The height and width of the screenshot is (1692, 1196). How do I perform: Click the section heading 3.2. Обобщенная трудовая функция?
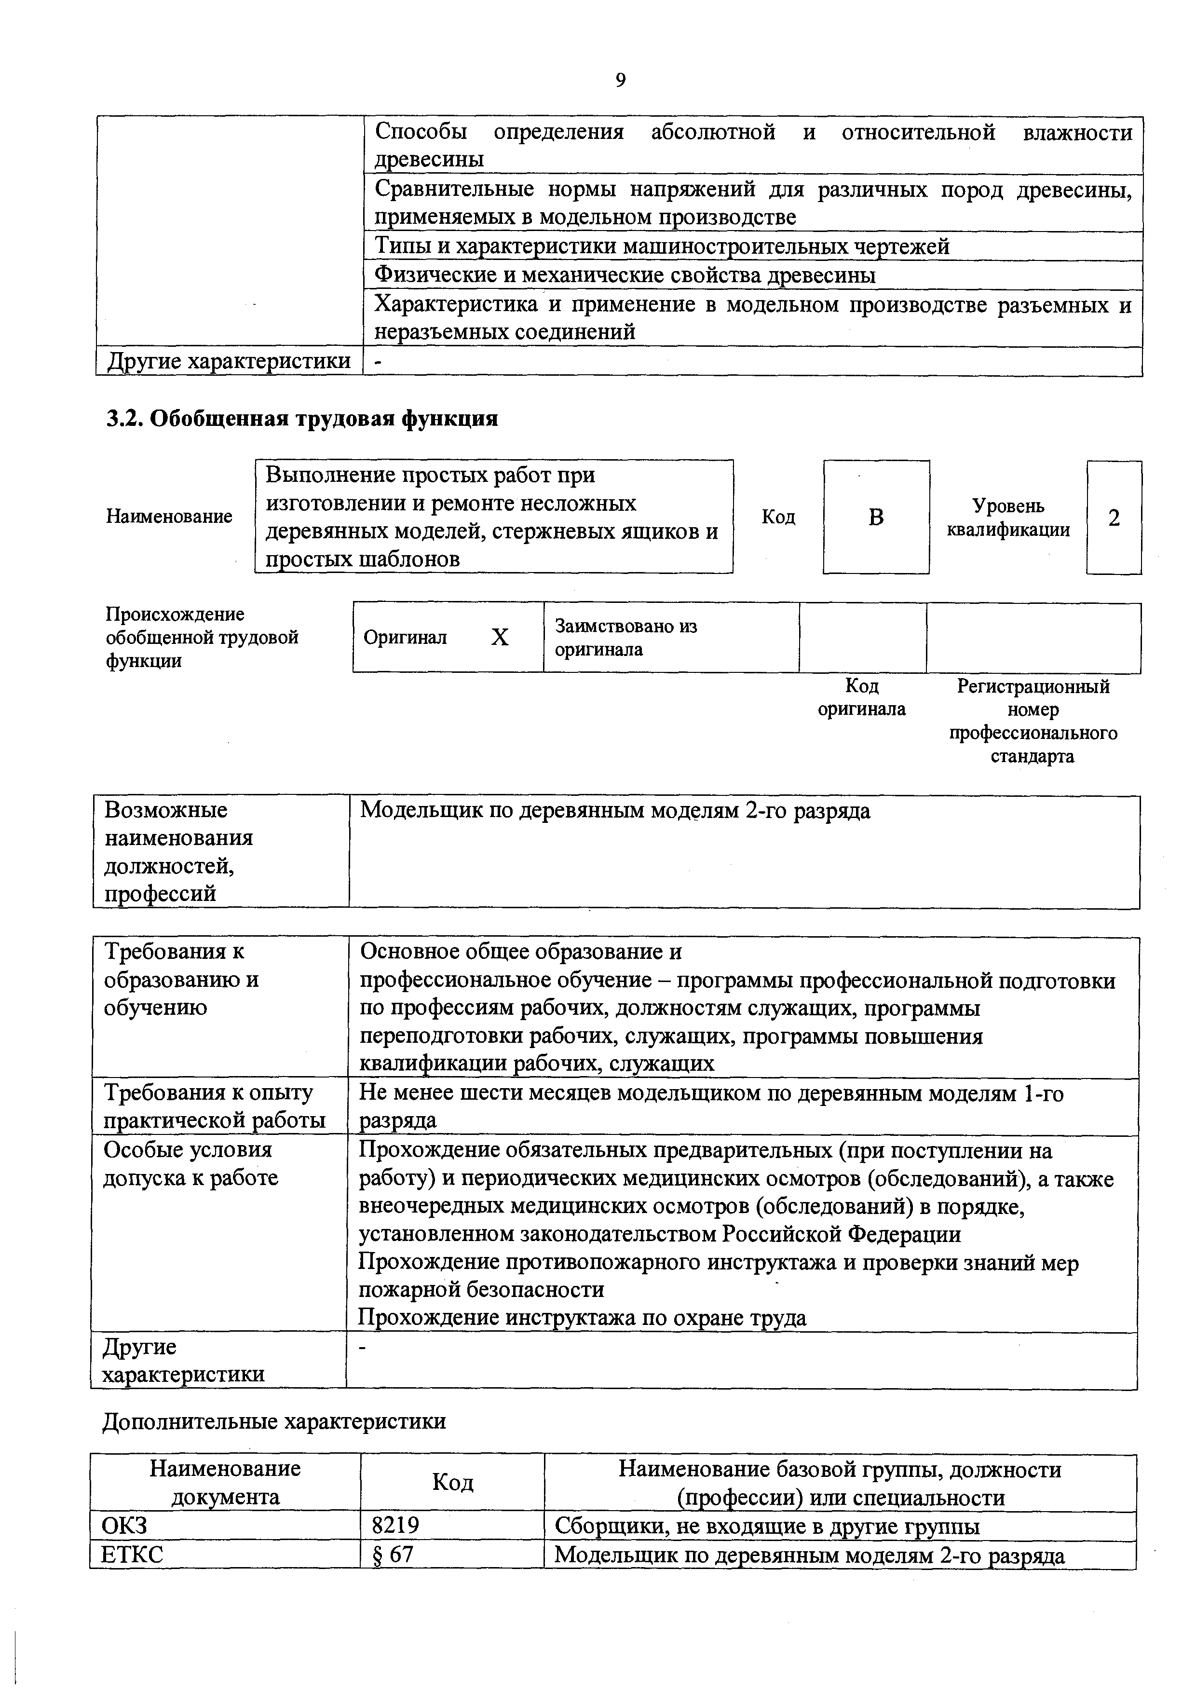[302, 419]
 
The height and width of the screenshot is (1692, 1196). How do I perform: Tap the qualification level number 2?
[1114, 518]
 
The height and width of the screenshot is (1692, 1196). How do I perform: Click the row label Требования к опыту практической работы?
[214, 1106]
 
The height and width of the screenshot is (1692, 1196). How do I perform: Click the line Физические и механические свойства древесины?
[625, 275]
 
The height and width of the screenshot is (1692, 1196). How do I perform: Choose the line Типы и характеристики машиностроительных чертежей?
[662, 246]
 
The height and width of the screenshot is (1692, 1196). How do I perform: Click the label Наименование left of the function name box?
[169, 517]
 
